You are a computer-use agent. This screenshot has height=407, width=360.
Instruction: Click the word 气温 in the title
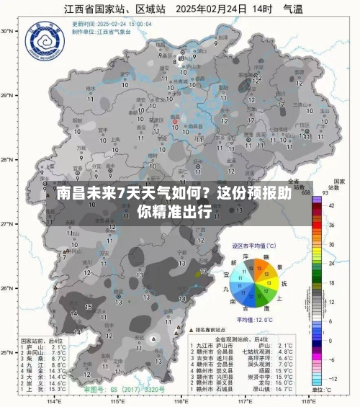pyautogui.click(x=311, y=9)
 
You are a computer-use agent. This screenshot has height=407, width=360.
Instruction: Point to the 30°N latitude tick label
pyautogui.click(x=8, y=31)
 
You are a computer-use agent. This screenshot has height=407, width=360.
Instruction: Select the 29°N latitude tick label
pyautogui.click(x=8, y=95)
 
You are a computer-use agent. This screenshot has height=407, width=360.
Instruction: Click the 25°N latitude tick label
pyautogui.click(x=8, y=353)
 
